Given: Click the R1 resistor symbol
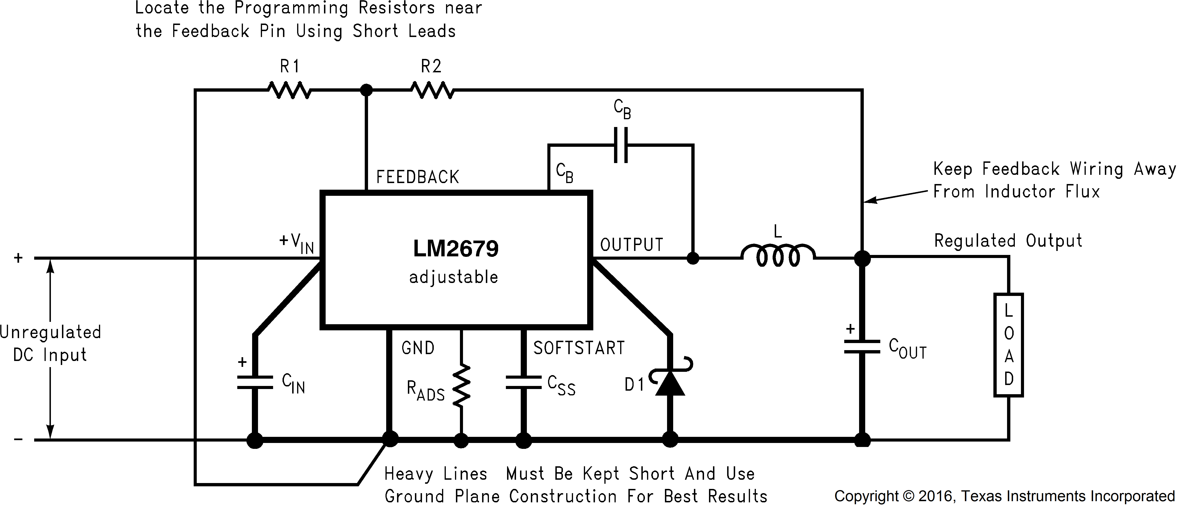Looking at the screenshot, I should point(290,90).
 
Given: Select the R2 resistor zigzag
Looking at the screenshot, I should point(432,90).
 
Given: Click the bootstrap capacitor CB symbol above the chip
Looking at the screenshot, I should point(621,145).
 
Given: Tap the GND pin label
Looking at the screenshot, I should point(418,348).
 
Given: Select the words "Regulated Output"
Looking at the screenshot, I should point(1008,241).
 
